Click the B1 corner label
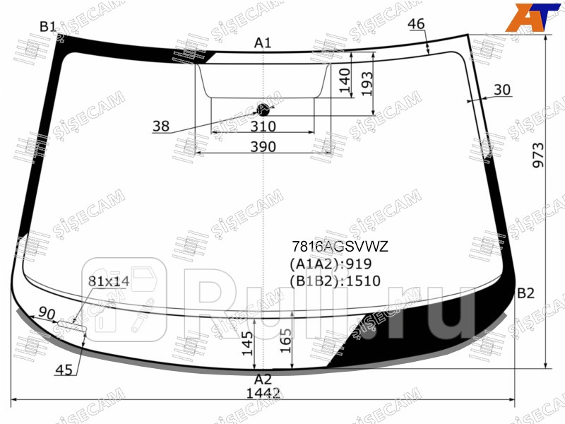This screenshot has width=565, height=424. [47, 27]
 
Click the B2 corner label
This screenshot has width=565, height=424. [525, 293]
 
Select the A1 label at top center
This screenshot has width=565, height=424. [263, 44]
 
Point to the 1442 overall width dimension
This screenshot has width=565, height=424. [263, 393]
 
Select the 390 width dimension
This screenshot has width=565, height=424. [263, 147]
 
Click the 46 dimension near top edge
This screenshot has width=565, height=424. [417, 24]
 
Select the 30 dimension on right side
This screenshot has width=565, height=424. [502, 90]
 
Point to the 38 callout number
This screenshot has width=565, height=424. [160, 126]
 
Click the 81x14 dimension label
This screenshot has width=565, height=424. [108, 281]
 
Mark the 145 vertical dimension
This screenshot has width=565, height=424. [245, 344]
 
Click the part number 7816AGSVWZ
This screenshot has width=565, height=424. [340, 247]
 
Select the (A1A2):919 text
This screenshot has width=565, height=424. [330, 264]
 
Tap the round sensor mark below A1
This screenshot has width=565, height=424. [263, 109]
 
